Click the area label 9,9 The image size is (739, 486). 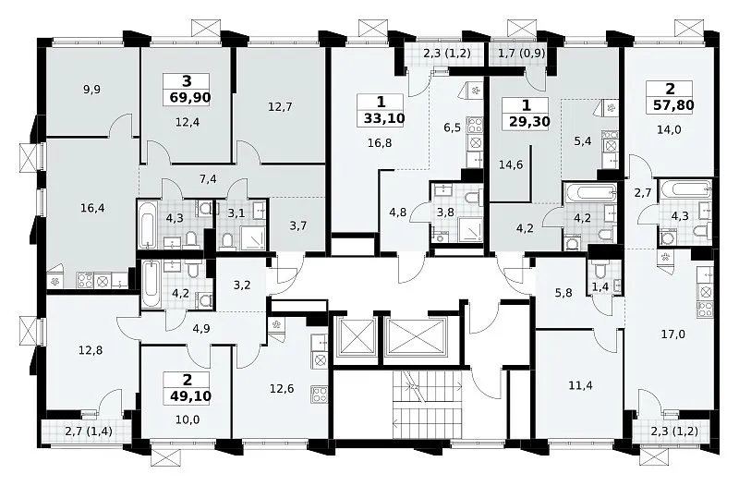(91, 89)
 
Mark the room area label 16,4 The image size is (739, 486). (92, 208)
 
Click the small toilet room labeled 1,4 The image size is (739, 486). (600, 286)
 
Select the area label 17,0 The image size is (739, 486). (673, 334)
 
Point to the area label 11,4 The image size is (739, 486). (581, 385)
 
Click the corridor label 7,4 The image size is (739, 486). (208, 178)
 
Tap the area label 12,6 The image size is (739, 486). (282, 389)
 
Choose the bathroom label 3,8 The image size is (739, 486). (445, 213)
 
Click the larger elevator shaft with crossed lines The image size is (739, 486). (415, 336)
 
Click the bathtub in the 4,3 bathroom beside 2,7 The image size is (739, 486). (685, 189)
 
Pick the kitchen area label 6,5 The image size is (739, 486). (452, 128)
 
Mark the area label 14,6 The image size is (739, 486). (511, 164)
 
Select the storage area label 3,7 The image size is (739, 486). (297, 225)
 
